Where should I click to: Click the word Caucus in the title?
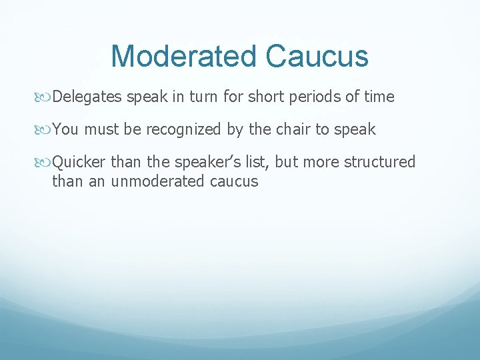pos(317,56)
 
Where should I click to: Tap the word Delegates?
pos(87,97)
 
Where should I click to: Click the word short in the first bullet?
pos(265,97)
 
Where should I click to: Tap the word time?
pos(379,97)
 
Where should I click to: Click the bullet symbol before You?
pos(45,130)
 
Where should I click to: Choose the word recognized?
pos(184,129)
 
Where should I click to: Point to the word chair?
pos(291,129)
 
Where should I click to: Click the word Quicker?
pos(79,162)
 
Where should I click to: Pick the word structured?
pos(379,162)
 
